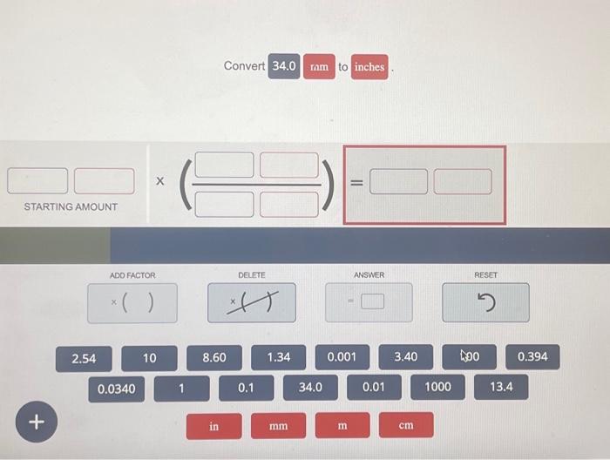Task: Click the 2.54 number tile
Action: [x=85, y=358]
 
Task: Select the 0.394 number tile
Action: [x=532, y=357]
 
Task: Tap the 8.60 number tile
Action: [x=214, y=358]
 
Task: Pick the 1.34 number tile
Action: [x=279, y=357]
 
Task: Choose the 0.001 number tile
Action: [x=342, y=357]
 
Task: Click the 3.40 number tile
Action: [x=405, y=357]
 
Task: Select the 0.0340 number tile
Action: [x=116, y=389]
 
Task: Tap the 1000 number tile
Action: [x=437, y=387]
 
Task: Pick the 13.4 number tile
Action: [x=501, y=387]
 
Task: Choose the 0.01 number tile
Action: [x=374, y=387]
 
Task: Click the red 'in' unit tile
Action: [x=214, y=426]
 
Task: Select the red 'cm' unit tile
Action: [x=406, y=426]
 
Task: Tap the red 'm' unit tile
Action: [x=342, y=426]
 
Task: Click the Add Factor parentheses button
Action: [x=132, y=303]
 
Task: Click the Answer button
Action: [x=369, y=303]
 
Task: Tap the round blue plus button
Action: [x=36, y=422]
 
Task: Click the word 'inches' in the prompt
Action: [x=369, y=67]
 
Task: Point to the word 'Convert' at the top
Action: [x=244, y=66]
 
